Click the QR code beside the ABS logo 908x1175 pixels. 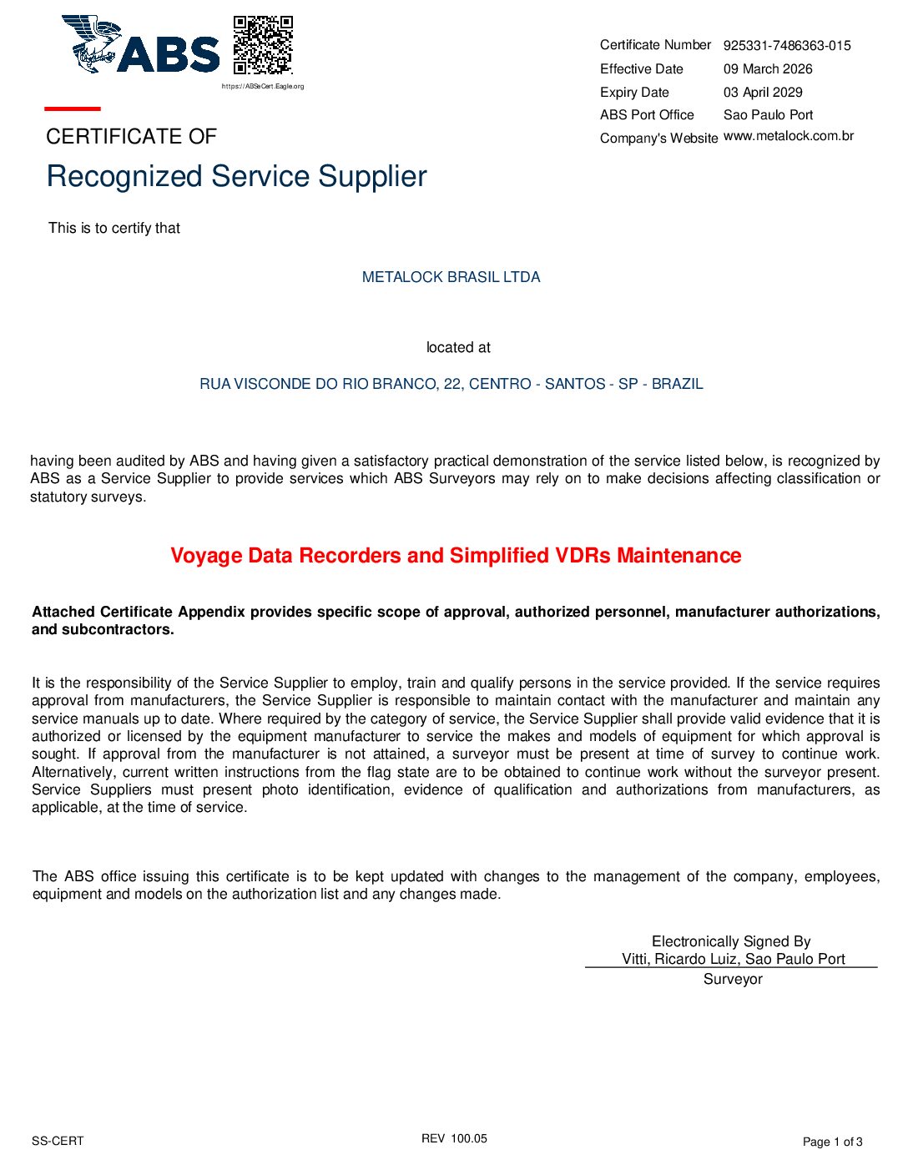[x=263, y=45]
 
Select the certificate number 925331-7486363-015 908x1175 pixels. [x=787, y=46]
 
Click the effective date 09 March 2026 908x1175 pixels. [x=768, y=69]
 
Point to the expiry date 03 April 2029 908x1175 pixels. [x=763, y=93]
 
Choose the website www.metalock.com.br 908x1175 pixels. [x=789, y=136]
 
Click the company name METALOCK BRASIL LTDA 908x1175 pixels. [x=451, y=277]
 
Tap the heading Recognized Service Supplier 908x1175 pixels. [x=236, y=176]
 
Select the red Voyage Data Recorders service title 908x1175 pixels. [x=456, y=556]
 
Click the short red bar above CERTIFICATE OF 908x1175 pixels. [x=73, y=108]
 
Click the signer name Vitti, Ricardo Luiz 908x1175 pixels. [x=679, y=959]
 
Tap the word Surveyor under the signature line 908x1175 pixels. [x=733, y=979]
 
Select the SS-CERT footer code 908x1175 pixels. [x=58, y=1141]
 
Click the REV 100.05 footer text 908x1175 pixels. [x=454, y=1138]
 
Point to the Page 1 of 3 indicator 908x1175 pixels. [x=832, y=1142]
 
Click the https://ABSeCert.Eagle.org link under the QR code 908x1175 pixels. [x=263, y=86]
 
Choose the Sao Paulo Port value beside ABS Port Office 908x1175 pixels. [x=768, y=115]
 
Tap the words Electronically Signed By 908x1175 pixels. [x=731, y=941]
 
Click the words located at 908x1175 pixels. [x=458, y=347]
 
